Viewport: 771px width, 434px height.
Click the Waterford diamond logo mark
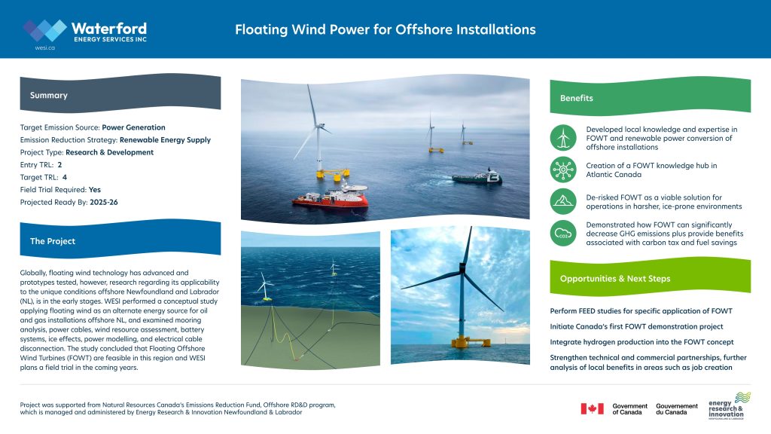[x=44, y=30]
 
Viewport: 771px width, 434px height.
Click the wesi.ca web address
[x=44, y=47]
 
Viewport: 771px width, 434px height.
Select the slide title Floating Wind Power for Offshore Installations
[x=385, y=30]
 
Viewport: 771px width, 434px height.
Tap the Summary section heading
[x=49, y=96]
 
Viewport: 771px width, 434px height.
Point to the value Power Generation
[x=133, y=128]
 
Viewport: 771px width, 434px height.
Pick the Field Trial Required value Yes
[x=95, y=189]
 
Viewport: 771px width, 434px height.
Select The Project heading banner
[x=53, y=241]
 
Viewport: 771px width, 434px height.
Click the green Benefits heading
[x=576, y=98]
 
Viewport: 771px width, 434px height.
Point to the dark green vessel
[x=477, y=178]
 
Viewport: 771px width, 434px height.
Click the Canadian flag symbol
[x=592, y=408]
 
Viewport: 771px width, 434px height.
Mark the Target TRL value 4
[x=65, y=177]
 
